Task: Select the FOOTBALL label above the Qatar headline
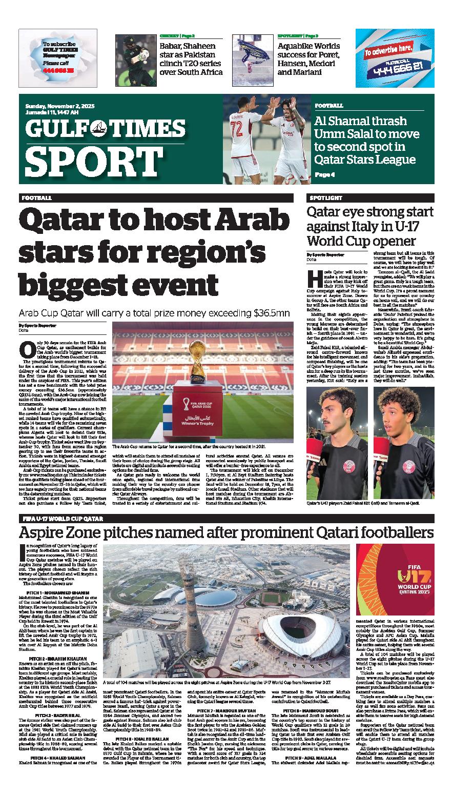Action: (37, 197)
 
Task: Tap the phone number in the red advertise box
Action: (395, 65)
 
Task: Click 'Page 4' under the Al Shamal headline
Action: (324, 174)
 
